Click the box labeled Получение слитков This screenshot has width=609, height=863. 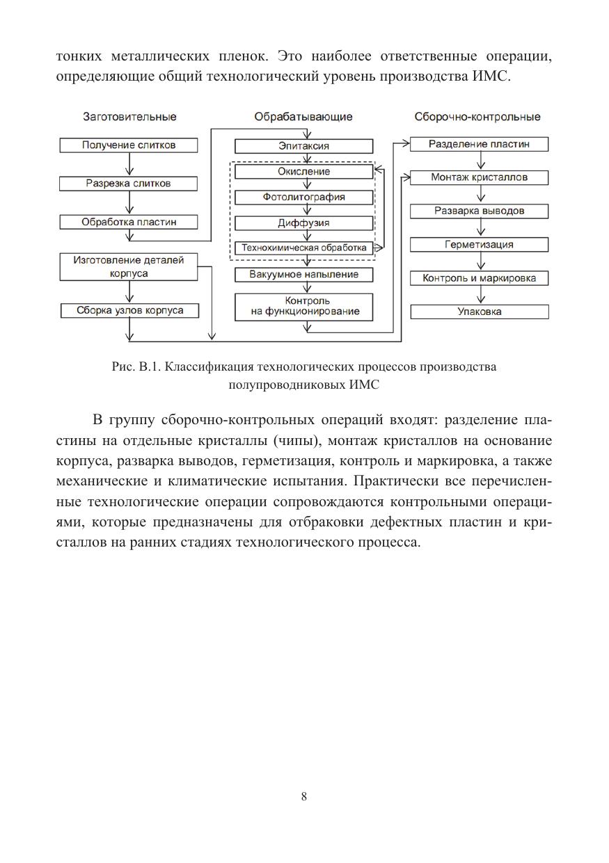tap(129, 145)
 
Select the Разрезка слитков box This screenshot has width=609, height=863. tap(129, 184)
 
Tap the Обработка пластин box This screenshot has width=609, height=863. tap(129, 223)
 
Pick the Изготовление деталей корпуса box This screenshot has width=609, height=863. tap(129, 268)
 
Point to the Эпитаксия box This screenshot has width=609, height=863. tap(303, 146)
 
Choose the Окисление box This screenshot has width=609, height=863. tap(303, 172)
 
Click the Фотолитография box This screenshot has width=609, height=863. tap(303, 197)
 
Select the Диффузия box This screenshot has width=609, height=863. tap(303, 223)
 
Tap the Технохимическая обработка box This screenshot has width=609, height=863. tap(303, 248)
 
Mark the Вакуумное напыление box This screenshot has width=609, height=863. tap(303, 275)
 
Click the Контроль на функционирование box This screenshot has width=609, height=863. tap(303, 307)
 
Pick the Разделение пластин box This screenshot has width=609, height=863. tap(479, 144)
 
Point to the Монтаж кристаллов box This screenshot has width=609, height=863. tap(479, 177)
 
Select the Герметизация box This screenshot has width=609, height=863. tap(479, 245)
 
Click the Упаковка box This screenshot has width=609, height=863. tap(479, 312)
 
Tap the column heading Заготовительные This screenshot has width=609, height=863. tap(129, 117)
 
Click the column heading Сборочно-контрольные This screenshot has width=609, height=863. tap(477, 117)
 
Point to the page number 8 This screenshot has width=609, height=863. tap(304, 797)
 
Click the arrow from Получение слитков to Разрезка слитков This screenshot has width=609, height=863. tap(129, 165)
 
